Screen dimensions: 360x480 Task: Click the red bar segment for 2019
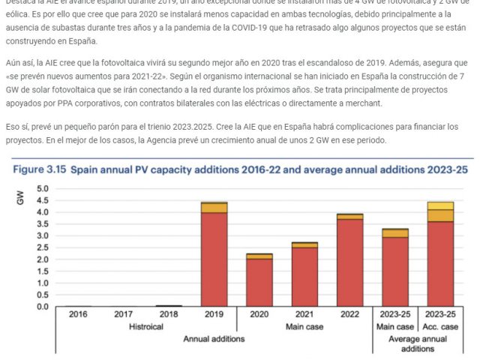(214, 259)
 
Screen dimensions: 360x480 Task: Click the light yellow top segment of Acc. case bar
(440, 205)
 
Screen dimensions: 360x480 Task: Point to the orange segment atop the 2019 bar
(214, 208)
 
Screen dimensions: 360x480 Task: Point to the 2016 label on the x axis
(78, 315)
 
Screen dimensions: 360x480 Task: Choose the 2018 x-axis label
(169, 315)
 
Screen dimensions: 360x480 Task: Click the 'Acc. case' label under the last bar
(440, 327)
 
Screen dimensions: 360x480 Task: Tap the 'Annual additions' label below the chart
(215, 339)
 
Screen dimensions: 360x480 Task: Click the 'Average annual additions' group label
(417, 344)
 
